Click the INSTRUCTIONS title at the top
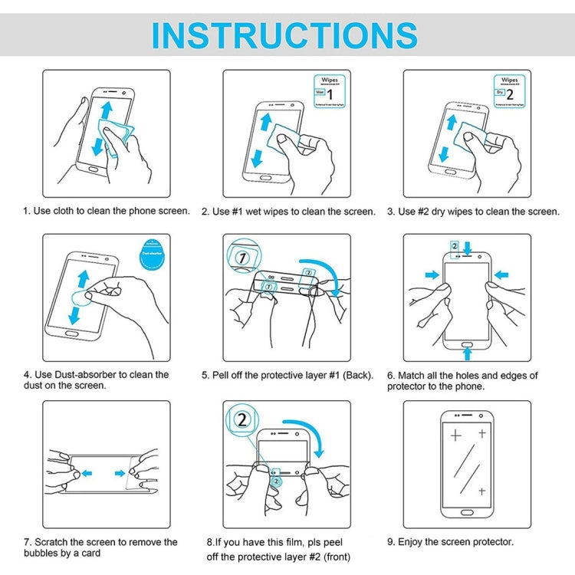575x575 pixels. click(284, 35)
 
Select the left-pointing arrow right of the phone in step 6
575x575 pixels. click(502, 274)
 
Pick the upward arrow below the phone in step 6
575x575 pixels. click(468, 352)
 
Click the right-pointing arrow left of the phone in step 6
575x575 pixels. click(432, 274)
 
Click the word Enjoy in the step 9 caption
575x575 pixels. click(411, 542)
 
